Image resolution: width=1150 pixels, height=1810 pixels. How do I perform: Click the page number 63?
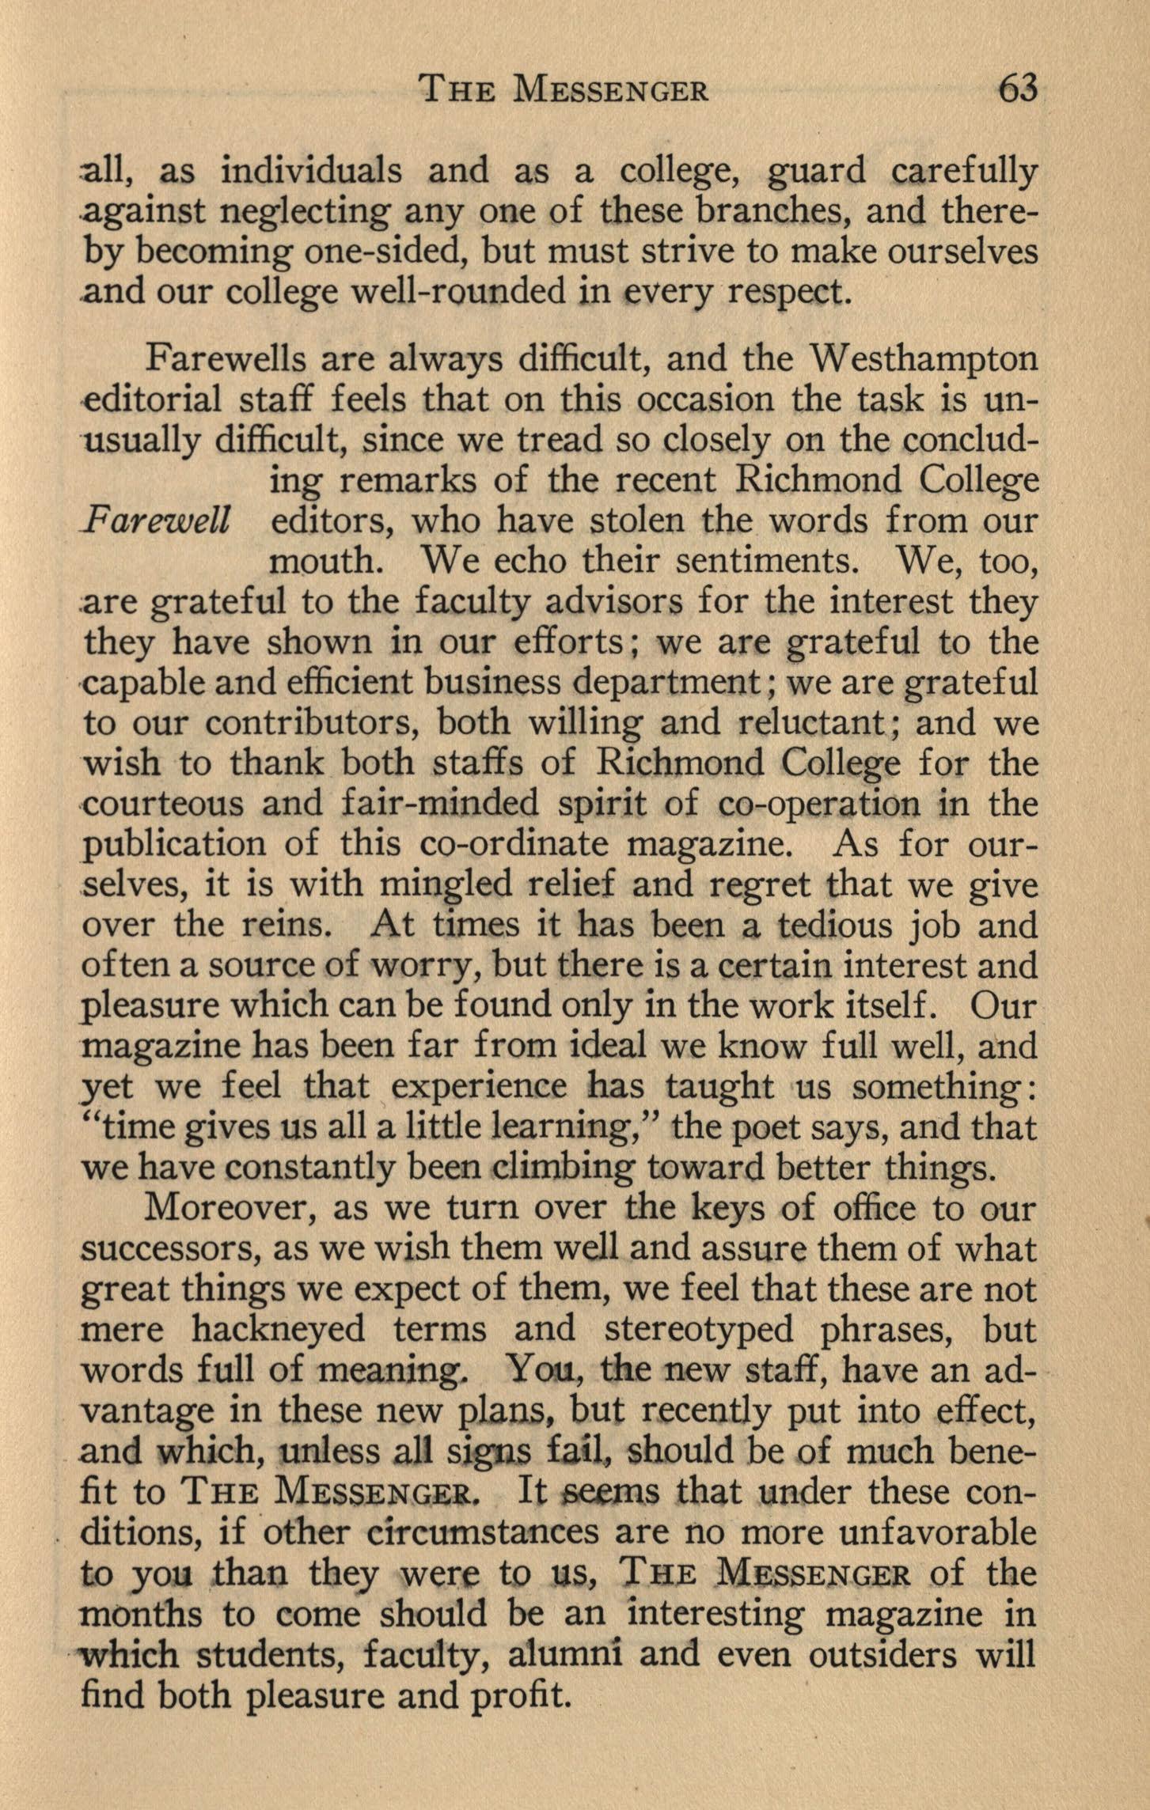[x=1017, y=89]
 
